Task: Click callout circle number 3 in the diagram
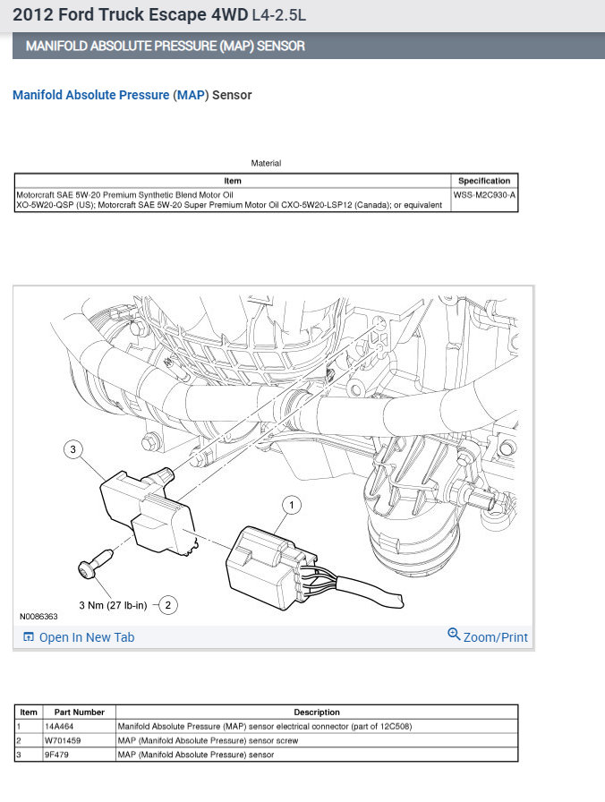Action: (x=74, y=450)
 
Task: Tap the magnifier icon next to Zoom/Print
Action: (x=454, y=636)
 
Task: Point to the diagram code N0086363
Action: (x=38, y=617)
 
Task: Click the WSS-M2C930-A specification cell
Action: (x=484, y=193)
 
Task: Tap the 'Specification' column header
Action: (x=484, y=181)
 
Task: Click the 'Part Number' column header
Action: (x=79, y=712)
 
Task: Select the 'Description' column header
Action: (x=316, y=712)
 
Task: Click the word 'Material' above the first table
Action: (x=266, y=164)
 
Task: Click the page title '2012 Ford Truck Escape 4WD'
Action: (x=131, y=15)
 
